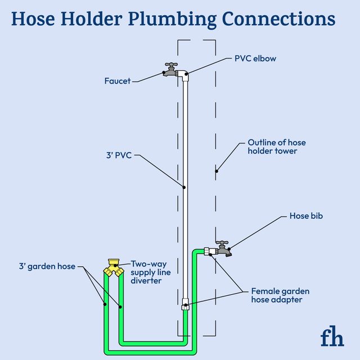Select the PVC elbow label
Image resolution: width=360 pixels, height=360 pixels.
(x=255, y=58)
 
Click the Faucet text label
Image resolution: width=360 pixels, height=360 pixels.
(x=117, y=81)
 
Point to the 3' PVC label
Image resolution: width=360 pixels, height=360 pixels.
(x=119, y=155)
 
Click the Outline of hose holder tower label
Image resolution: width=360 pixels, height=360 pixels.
(x=277, y=147)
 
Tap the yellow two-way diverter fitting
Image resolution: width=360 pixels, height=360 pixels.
(x=115, y=267)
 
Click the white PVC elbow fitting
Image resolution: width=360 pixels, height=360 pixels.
(x=184, y=75)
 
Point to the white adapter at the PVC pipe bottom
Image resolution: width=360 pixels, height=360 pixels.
(x=184, y=304)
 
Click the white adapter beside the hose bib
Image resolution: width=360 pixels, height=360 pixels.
(x=208, y=251)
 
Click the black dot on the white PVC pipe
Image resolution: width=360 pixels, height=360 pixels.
(x=184, y=187)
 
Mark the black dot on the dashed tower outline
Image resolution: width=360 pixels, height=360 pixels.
(x=216, y=170)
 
